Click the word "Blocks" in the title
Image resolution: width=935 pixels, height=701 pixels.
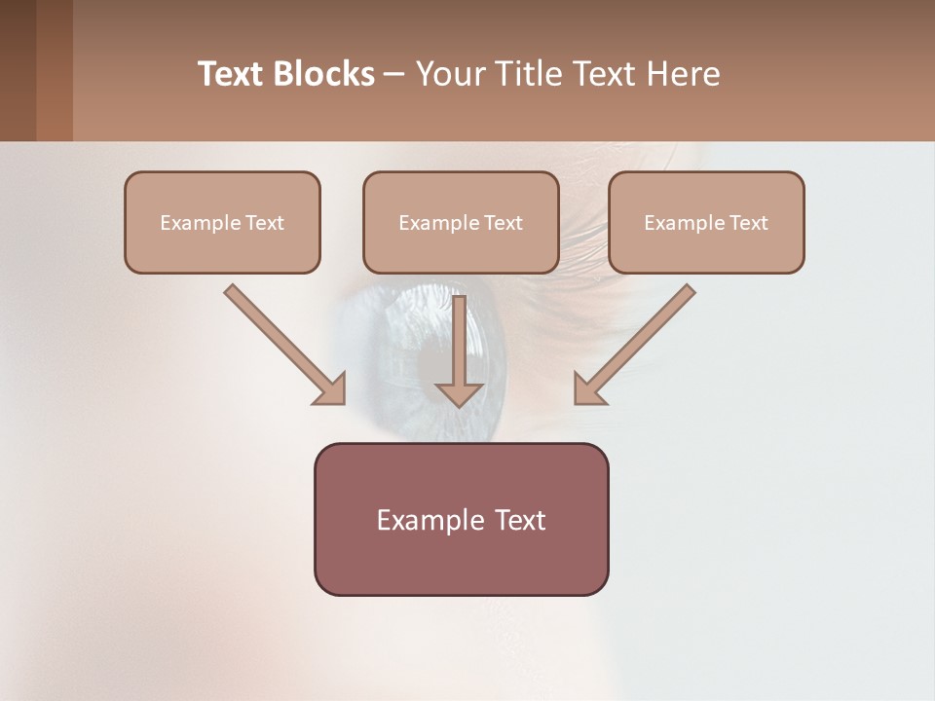pos(324,74)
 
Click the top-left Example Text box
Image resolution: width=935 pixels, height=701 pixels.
pos(222,222)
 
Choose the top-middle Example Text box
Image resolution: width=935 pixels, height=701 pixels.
pos(461,222)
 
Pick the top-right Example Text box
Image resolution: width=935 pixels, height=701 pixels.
pos(706,222)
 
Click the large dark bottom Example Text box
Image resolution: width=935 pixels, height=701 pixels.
pos(461,519)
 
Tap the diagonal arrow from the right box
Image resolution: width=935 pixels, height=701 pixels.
pos(643,337)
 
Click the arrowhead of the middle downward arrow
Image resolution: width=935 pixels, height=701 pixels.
pos(460,394)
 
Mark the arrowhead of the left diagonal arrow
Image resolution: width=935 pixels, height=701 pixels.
pos(331,390)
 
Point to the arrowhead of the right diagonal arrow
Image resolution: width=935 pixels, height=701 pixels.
pos(588,390)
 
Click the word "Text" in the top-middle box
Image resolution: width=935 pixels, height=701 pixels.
pos(504,222)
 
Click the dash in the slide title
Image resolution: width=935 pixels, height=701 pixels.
pos(394,74)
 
